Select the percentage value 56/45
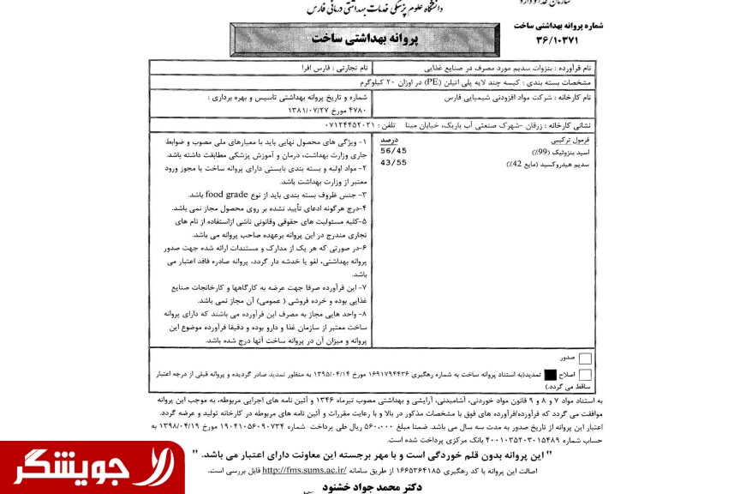click(x=394, y=150)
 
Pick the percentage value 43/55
click(x=394, y=162)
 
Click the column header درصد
click(x=390, y=138)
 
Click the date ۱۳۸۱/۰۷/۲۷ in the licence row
click(x=250, y=111)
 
